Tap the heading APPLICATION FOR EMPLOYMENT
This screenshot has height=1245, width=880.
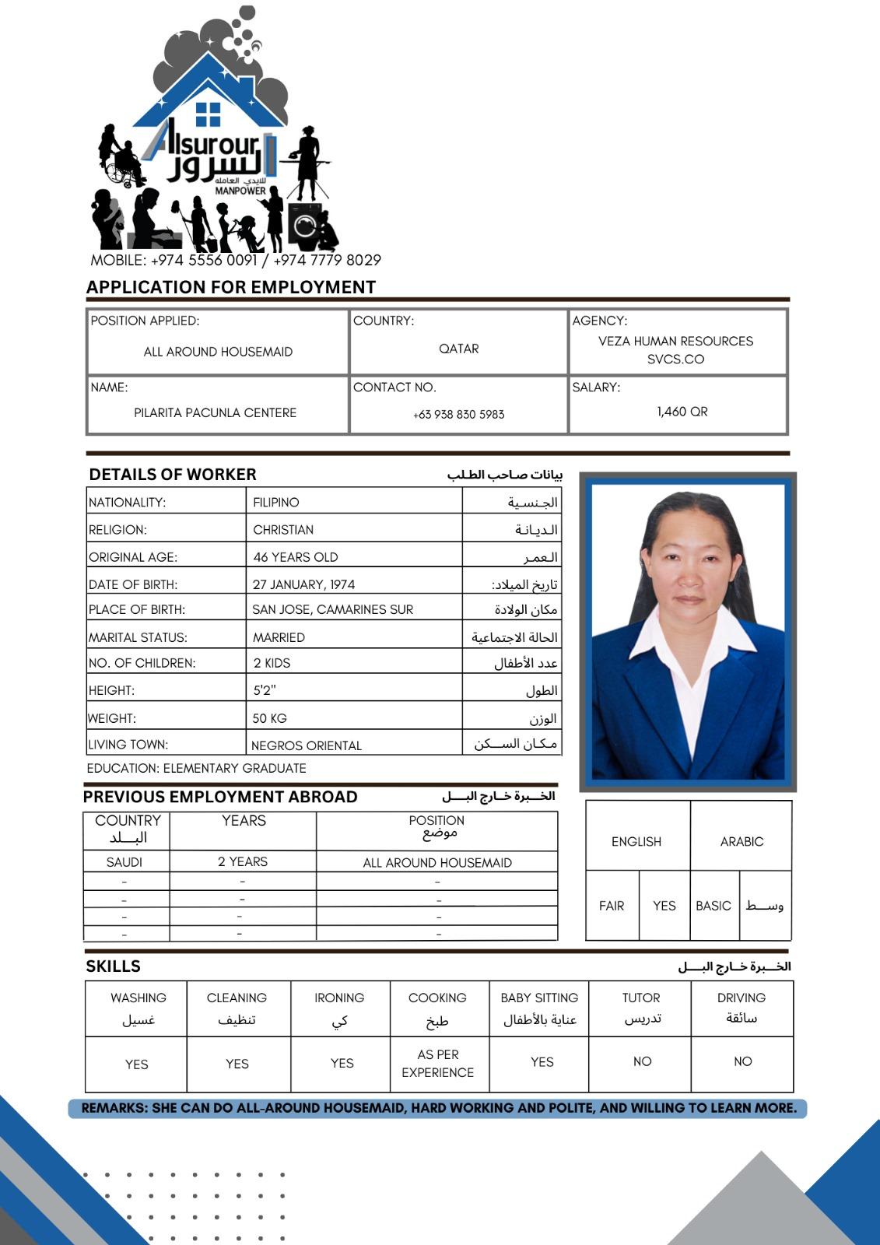point(231,287)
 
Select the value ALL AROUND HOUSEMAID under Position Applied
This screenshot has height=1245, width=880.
point(218,352)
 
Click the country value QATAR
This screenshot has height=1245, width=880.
point(459,349)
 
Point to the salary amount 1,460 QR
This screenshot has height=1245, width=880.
point(682,412)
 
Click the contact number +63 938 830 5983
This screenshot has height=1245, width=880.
point(458,415)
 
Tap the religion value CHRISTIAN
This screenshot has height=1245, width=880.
point(283,530)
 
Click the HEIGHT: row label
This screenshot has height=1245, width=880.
point(111,690)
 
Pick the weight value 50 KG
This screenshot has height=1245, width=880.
point(269,718)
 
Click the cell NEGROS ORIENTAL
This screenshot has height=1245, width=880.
point(307,745)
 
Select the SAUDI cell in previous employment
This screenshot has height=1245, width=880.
point(124,862)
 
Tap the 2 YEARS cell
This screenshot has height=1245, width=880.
point(243,862)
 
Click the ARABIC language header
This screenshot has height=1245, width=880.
point(742,842)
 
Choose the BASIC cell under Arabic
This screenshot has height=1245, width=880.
point(713,906)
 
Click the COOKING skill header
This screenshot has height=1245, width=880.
point(437,998)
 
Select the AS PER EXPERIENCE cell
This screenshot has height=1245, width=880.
point(437,1064)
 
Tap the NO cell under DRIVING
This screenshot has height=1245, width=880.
point(742,1061)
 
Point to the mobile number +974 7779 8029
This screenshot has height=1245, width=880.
point(328,260)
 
